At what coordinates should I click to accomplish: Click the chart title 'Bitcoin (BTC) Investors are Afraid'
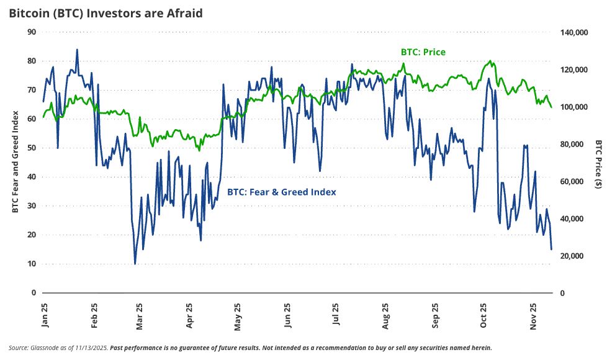(x=106, y=13)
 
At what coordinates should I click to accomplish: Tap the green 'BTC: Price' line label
(x=422, y=52)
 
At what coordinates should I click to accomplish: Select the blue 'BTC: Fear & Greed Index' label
(x=282, y=192)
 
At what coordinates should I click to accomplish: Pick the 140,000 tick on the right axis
(x=573, y=32)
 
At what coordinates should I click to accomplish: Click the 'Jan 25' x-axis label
(x=45, y=315)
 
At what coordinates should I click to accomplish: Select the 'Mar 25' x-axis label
(x=139, y=315)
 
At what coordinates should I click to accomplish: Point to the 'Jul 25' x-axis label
(x=336, y=315)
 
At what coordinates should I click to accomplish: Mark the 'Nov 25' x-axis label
(x=533, y=315)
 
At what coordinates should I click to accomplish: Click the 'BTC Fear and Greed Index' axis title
(x=14, y=161)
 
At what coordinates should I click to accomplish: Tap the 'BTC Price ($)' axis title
(x=598, y=163)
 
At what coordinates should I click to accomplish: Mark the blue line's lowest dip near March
(x=135, y=264)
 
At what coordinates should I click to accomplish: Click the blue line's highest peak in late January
(x=77, y=50)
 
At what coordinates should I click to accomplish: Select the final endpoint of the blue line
(x=551, y=250)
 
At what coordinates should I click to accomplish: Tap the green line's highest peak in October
(x=491, y=61)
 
